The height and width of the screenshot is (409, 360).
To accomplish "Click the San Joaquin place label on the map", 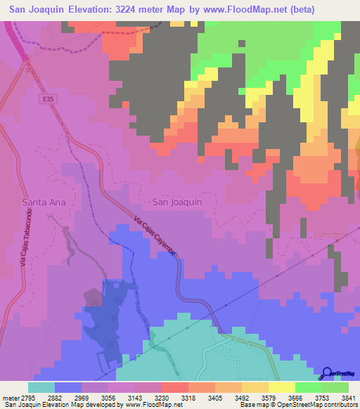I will click(177, 202).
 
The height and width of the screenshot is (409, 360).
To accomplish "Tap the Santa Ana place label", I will click(44, 202).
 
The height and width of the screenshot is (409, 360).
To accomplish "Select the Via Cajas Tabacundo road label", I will click(22, 233).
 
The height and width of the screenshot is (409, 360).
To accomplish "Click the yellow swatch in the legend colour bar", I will click(281, 387).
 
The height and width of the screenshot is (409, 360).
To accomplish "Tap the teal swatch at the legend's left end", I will click(41, 387).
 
